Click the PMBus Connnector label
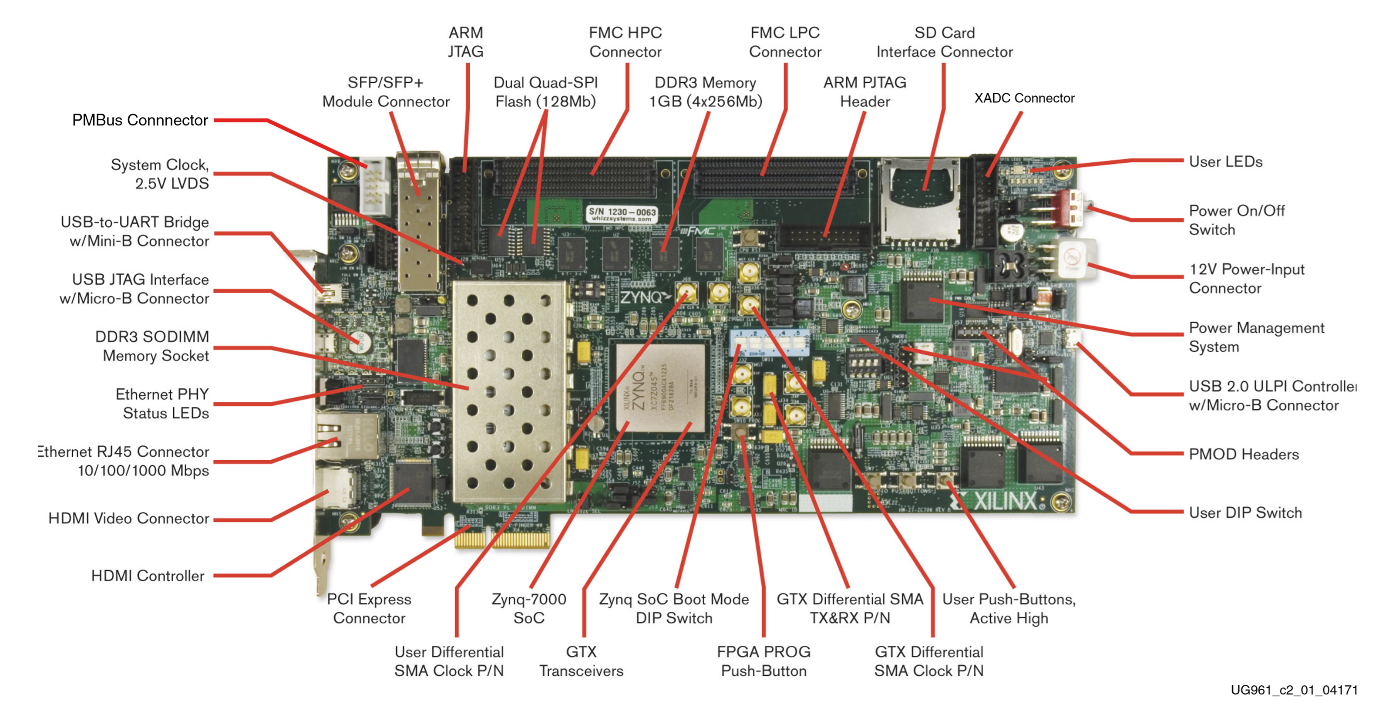pyautogui.click(x=140, y=120)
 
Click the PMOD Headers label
pyautogui.click(x=1244, y=454)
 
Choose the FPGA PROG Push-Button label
pyautogui.click(x=763, y=661)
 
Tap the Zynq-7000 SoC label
pyautogui.click(x=528, y=608)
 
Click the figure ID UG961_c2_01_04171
pyautogui.click(x=1294, y=690)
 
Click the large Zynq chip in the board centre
pyautogui.click(x=660, y=387)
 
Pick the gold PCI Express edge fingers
pyautogui.click(x=501, y=538)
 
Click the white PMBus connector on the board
pyautogui.click(x=375, y=186)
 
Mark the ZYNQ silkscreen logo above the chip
pyautogui.click(x=644, y=297)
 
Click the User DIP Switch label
pyautogui.click(x=1245, y=512)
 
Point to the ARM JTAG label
pyautogui.click(x=465, y=42)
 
